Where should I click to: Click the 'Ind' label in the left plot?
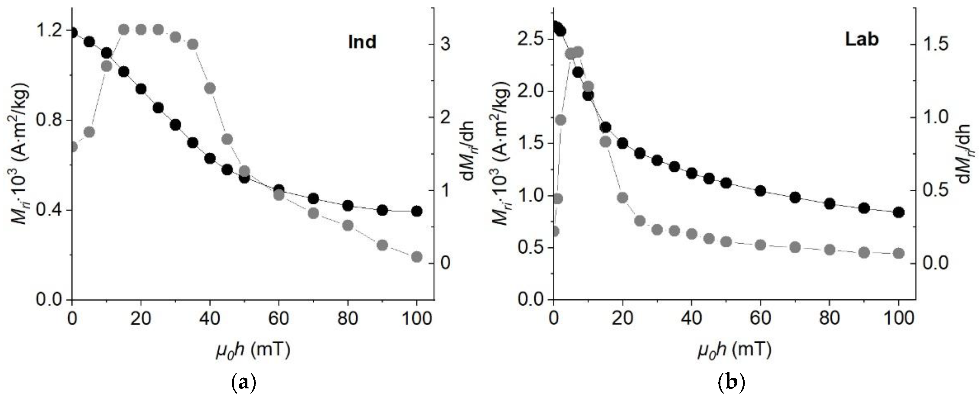coord(362,42)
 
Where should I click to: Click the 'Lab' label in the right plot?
coord(862,40)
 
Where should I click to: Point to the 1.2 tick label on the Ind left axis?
coord(49,31)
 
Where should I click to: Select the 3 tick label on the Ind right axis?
coord(445,45)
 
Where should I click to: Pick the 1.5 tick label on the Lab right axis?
coord(933,45)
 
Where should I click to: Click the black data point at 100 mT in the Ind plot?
coord(416,211)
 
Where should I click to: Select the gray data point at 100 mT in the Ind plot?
coord(416,257)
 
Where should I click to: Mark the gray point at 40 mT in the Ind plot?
coord(210,88)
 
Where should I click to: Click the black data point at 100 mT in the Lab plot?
coord(899,213)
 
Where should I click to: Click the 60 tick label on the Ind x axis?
coord(279,319)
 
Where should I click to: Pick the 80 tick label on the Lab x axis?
coord(830,319)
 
